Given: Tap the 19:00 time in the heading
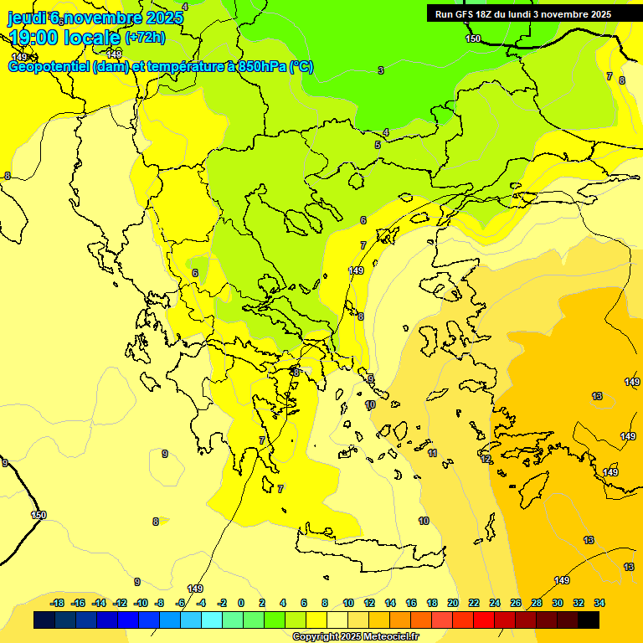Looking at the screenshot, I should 33,38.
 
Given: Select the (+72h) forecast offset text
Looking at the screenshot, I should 145,37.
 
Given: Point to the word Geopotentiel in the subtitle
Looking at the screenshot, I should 49,67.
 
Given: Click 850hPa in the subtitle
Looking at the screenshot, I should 261,67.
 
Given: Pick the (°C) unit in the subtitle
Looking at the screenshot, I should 301,67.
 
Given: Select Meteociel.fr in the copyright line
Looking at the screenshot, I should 390,636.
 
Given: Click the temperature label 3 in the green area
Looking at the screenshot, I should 380,70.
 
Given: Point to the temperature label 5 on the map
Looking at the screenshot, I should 378,145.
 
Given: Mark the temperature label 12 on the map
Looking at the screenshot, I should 486,459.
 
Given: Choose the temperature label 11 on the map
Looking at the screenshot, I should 432,453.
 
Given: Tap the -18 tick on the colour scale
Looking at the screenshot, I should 57,603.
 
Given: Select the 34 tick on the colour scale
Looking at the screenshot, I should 599,603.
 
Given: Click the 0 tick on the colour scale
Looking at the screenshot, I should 241,603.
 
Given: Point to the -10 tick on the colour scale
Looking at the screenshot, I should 140,603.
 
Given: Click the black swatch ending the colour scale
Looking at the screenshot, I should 588,620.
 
